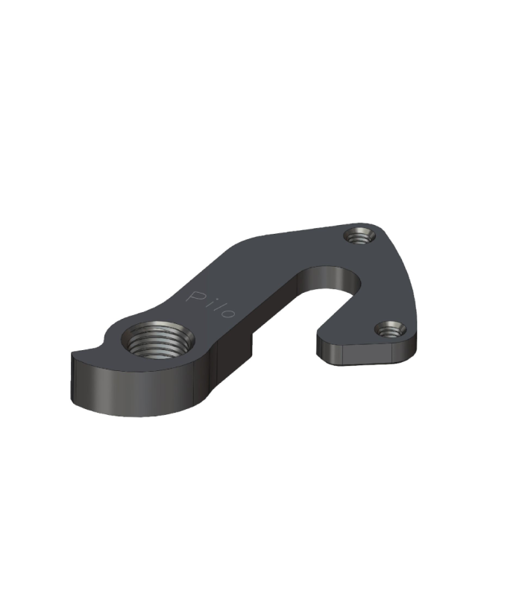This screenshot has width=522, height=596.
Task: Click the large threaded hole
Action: pos(157,340)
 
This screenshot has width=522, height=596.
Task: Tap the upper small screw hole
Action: pos(359,236)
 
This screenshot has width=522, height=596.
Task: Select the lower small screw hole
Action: pos(390,330)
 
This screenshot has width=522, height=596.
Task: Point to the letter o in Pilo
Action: pos(230,312)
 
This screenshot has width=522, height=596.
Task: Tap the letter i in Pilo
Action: pos(209,302)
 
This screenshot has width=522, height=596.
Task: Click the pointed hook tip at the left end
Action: pos(73,353)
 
